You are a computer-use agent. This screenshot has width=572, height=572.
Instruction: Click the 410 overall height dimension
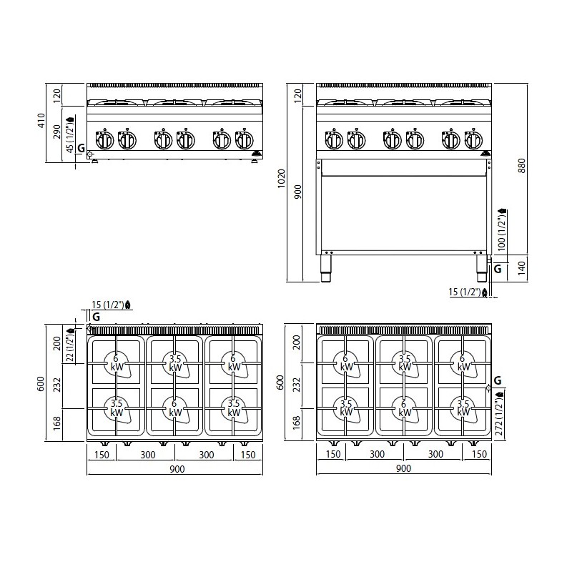[x=41, y=120]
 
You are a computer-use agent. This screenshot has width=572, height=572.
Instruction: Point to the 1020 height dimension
[x=281, y=178]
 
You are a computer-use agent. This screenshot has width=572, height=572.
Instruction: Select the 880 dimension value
[x=522, y=165]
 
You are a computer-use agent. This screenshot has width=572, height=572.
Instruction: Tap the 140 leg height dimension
[x=522, y=268]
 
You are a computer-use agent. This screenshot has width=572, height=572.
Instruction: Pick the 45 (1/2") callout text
[x=70, y=134]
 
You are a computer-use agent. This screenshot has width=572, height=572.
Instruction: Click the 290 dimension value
[x=57, y=132]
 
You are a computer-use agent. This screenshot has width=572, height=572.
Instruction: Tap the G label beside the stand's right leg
[x=497, y=270]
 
